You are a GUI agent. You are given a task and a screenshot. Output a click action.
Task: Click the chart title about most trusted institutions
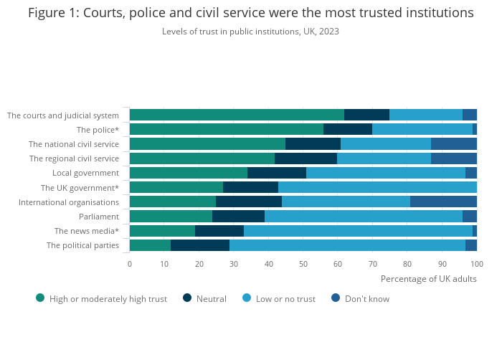pos(250,13)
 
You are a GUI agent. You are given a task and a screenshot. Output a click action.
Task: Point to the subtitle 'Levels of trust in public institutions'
pos(250,32)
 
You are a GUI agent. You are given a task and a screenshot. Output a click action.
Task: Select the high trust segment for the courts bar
pos(237,115)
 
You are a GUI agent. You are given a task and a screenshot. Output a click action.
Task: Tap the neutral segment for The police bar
pos(348,129)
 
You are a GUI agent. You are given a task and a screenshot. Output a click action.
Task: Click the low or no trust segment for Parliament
pos(364,216)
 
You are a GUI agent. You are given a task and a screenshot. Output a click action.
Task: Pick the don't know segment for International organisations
pos(443,202)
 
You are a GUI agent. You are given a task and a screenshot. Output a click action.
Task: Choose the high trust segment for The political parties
pos(150,245)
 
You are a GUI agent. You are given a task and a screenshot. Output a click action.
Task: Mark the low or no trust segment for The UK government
pos(377,187)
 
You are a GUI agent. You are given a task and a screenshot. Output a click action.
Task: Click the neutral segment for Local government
pos(277,173)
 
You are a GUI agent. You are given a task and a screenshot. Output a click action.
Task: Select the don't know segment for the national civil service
pos(454,143)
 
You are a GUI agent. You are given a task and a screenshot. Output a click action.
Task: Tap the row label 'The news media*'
pos(87,231)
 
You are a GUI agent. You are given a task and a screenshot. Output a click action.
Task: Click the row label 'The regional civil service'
pos(74,158)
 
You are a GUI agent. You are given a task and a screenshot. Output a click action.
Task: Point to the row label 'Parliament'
pos(99,216)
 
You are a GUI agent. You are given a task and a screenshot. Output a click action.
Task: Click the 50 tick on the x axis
pos(303,263)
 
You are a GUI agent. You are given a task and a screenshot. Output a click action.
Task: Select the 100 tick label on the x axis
pos(477,263)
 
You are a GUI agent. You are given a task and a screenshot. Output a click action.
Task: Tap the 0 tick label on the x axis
pos(130,263)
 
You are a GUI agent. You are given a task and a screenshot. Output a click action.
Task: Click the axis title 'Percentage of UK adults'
pos(428,278)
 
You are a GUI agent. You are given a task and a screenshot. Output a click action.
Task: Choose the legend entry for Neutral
pos(211,298)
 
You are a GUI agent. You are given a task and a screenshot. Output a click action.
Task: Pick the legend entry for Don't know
pos(366,298)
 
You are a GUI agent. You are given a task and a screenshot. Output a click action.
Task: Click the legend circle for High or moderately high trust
pos(40,298)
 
